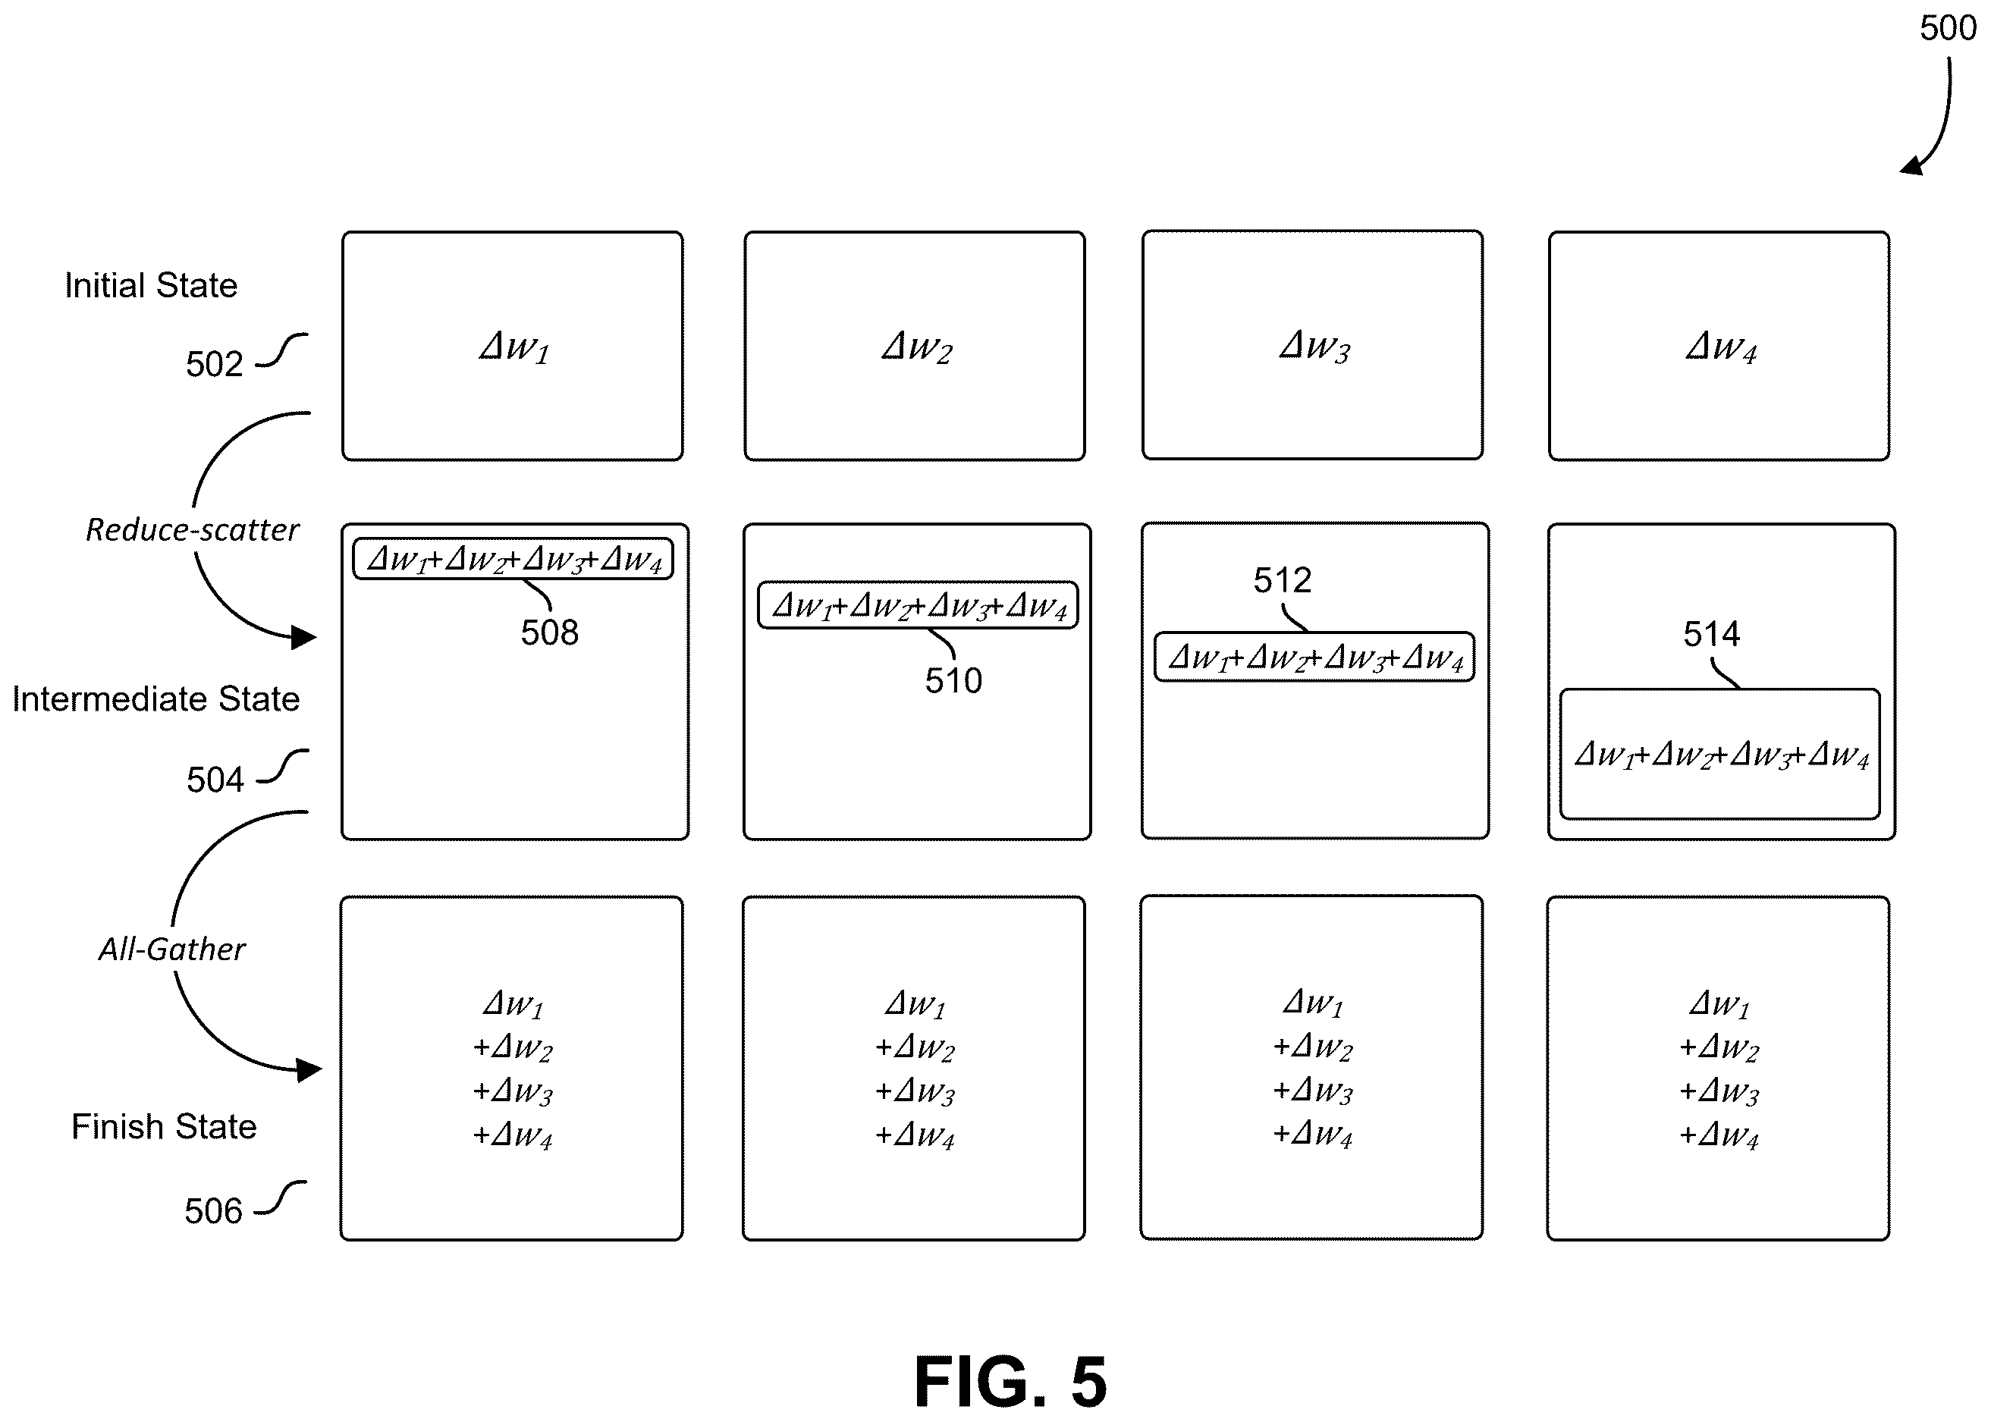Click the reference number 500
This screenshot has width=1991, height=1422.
coord(1947,29)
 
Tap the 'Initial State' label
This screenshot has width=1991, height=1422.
coord(151,285)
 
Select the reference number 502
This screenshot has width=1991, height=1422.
coord(214,364)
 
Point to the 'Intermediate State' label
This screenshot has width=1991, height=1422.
coord(155,698)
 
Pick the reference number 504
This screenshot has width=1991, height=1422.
coord(215,780)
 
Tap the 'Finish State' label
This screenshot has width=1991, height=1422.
coord(164,1127)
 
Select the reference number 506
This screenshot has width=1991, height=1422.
coord(213,1212)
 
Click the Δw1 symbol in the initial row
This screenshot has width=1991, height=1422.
coord(514,347)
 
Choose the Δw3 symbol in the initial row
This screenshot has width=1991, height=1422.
coord(1315,347)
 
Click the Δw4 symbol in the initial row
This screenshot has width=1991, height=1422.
coord(1721,347)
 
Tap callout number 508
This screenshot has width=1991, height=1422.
coord(550,633)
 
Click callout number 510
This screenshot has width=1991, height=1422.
coord(953,681)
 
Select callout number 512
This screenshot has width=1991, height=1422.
coord(1283,580)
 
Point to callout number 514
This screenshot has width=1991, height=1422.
coord(1712,634)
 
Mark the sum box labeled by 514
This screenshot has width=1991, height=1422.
coord(1720,754)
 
